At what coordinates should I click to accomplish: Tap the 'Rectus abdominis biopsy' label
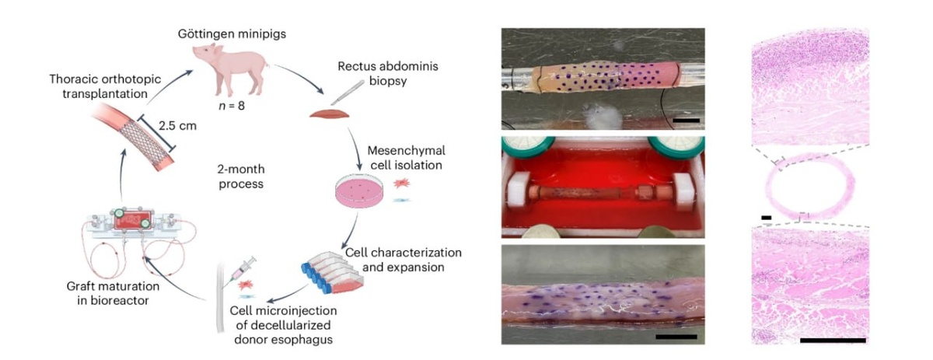click(398, 73)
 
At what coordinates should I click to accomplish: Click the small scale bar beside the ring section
click(766, 217)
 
